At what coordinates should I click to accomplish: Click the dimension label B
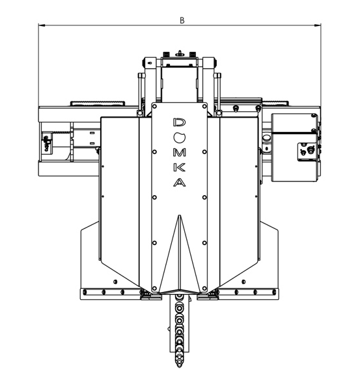coord(182,20)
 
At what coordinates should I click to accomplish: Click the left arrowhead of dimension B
coord(42,25)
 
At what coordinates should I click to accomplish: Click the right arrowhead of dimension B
coord(318,25)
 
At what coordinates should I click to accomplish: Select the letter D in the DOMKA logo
coord(180,122)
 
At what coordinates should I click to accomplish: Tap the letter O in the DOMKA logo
coord(180,137)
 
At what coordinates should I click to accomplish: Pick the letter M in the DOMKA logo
coord(180,153)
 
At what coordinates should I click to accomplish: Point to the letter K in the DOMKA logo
coord(180,168)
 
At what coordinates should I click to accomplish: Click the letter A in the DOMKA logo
coord(180,183)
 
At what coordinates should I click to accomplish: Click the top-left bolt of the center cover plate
coord(155,107)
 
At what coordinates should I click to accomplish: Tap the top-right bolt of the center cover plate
coord(204,107)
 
